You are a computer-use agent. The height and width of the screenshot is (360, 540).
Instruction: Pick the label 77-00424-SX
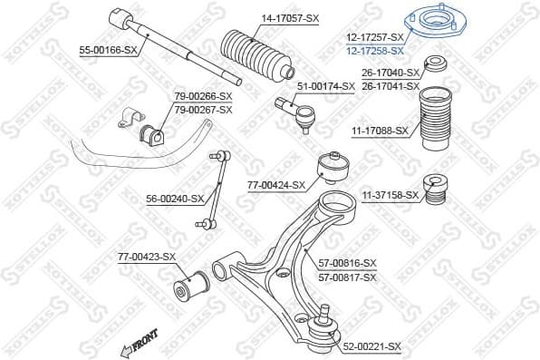(277, 185)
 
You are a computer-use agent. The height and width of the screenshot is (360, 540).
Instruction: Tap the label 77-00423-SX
(146, 258)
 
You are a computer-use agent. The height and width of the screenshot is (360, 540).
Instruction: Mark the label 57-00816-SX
(347, 263)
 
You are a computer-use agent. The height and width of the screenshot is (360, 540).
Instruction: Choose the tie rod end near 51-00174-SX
(299, 113)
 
